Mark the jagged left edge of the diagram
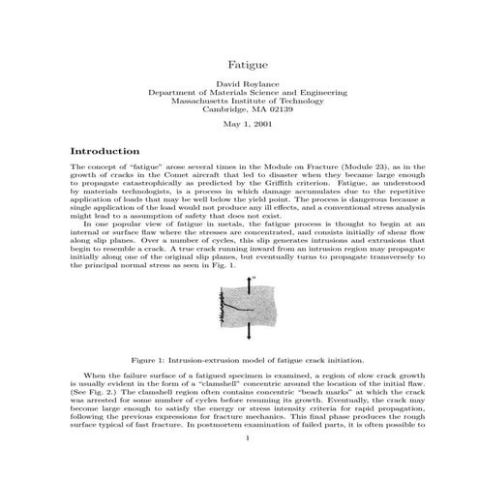[x=221, y=311]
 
